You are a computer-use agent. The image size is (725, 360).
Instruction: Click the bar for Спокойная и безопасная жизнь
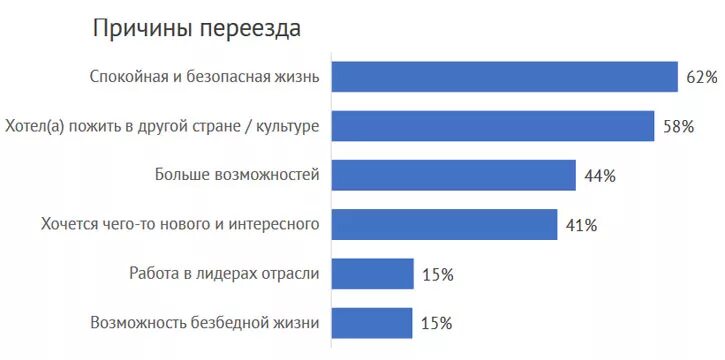pos(504,77)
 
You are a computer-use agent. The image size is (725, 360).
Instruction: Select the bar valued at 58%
pos(493,126)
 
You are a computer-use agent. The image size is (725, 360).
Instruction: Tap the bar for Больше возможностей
pos(453,175)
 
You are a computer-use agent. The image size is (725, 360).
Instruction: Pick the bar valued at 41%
pos(444,224)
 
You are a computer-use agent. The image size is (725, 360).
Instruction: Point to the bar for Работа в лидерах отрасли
pos(372,273)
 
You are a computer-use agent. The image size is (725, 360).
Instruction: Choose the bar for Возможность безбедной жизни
pos(372,322)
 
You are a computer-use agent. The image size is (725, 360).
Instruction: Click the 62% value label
pos(702,77)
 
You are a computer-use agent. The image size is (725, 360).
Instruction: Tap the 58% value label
pos(679,126)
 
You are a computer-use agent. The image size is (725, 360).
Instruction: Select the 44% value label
pos(600,176)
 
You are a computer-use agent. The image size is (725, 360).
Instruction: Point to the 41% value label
pos(581,225)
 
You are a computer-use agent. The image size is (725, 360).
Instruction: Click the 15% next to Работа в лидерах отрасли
pos(437,274)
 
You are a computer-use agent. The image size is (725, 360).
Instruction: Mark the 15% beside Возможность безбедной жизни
pos(436,323)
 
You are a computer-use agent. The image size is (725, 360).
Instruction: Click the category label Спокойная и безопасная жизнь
pos(205,77)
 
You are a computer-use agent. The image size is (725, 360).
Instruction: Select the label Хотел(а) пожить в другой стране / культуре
pos(162,126)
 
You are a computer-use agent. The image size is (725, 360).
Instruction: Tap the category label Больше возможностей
pos(237,175)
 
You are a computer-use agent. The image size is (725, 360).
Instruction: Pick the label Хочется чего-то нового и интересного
pos(180,224)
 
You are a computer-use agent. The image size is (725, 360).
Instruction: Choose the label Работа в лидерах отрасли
pos(224,273)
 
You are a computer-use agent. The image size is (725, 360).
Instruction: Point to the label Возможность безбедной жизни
pos(205,322)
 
